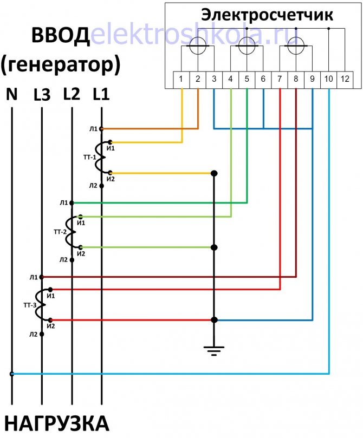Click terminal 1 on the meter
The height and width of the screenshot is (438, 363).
point(181,80)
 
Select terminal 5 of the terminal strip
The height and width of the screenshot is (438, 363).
point(247,80)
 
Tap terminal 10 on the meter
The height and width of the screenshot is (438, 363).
point(329,80)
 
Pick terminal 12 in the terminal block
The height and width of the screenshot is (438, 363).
point(345,80)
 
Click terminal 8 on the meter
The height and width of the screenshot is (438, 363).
point(296,80)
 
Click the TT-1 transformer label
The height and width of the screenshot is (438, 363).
point(90,158)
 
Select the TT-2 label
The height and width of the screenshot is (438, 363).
point(60,232)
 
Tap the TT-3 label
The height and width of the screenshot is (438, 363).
point(30,305)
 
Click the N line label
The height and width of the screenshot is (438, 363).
point(12,94)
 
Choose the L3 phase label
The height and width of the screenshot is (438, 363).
point(42,95)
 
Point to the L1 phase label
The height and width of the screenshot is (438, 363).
point(101,94)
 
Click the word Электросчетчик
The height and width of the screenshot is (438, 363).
point(267,15)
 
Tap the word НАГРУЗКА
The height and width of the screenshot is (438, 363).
point(57,423)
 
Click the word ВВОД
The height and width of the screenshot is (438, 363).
point(60,35)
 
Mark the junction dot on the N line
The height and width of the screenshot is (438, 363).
point(12,374)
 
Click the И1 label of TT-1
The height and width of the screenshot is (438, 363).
point(111,148)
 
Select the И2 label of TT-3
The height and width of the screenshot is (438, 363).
point(51,326)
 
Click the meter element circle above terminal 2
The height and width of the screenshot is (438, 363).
point(198,46)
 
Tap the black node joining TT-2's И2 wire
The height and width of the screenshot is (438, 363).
point(214,247)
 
